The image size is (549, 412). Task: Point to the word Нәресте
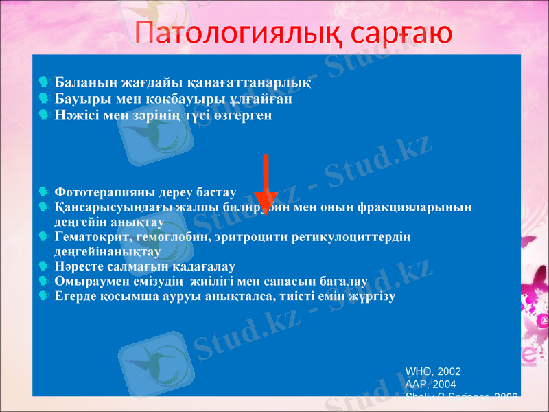click(79, 266)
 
